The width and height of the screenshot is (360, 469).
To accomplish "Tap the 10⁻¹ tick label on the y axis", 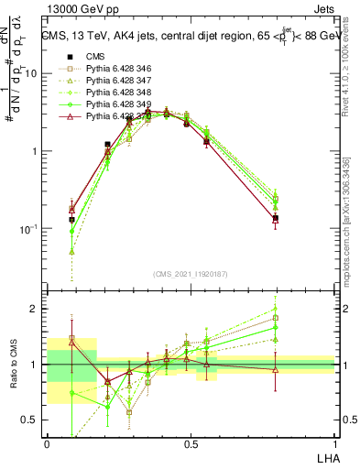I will pyautogui.click(x=33, y=229).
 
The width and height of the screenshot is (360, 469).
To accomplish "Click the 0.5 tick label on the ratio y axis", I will pyautogui.click(x=34, y=420).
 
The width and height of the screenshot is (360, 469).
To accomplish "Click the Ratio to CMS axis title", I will pyautogui.click(x=14, y=365).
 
